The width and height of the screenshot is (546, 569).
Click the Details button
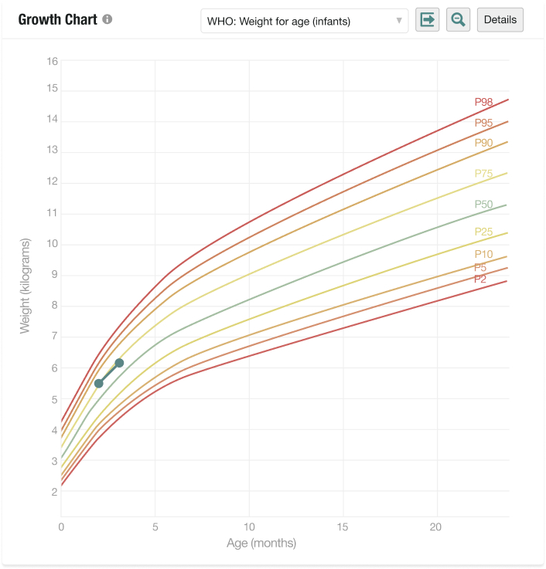(500, 20)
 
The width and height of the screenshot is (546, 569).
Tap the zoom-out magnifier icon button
(458, 20)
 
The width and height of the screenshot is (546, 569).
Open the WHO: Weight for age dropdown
(304, 21)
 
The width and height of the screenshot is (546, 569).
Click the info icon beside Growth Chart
(107, 19)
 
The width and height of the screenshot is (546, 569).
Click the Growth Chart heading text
(58, 19)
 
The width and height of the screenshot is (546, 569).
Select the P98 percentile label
(483, 102)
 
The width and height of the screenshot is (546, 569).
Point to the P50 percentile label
(483, 205)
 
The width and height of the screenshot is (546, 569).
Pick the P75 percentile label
(483, 174)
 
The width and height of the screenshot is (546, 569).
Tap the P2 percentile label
(479, 279)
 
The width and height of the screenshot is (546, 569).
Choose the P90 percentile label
(483, 143)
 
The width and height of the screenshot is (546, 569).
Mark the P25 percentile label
(483, 232)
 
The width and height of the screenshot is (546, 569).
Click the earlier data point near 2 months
(99, 383)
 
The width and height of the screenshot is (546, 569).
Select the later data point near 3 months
(119, 363)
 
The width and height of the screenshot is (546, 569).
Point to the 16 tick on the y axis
(53, 61)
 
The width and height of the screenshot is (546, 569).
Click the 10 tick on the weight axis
(53, 244)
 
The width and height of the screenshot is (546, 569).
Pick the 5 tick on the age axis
(155, 527)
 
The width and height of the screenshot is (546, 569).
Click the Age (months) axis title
(261, 544)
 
